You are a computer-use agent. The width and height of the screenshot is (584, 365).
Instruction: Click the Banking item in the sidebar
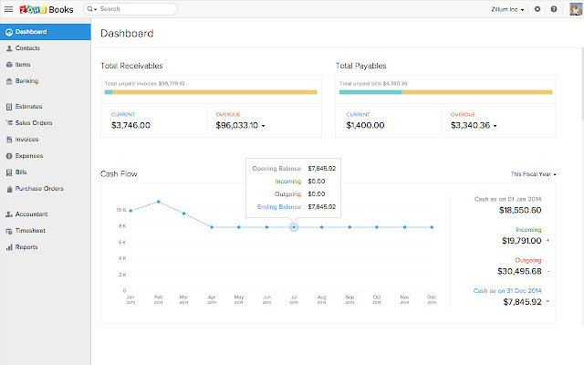pyautogui.click(x=26, y=80)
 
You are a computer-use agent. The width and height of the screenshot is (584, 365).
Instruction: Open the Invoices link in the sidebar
pyautogui.click(x=26, y=140)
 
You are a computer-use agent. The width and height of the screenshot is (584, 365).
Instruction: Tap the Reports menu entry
pyautogui.click(x=26, y=246)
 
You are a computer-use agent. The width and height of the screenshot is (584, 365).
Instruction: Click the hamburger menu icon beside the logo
pyautogui.click(x=8, y=8)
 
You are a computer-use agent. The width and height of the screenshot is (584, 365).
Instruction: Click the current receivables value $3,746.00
pyautogui.click(x=130, y=125)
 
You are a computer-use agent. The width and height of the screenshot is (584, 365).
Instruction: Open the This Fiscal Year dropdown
pyautogui.click(x=533, y=173)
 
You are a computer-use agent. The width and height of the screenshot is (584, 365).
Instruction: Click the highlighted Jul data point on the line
pyautogui.click(x=294, y=227)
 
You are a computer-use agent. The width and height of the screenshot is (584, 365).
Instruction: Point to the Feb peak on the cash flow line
pyautogui.click(x=159, y=202)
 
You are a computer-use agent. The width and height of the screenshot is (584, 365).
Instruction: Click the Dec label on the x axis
pyautogui.click(x=432, y=297)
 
